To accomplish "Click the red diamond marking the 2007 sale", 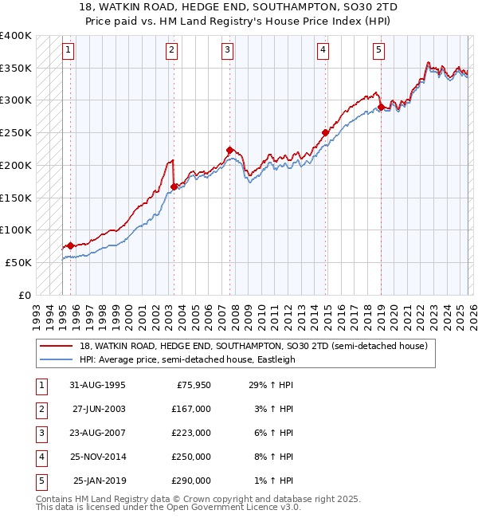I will [229, 150].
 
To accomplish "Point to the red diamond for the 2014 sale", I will [325, 132].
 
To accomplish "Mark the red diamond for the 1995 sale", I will [70, 245].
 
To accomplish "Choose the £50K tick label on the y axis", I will [18, 262].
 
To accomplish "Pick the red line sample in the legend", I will [57, 346].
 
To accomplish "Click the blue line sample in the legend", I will [57, 359].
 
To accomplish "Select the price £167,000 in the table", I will [191, 409].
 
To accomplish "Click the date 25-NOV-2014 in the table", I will [98, 457].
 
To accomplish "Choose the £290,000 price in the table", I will [191, 481].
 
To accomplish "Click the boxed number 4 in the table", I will [41, 457].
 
